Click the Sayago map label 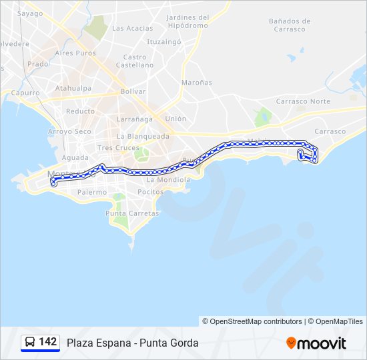pyautogui.click(x=29, y=13)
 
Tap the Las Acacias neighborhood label pyautogui.click(x=132, y=28)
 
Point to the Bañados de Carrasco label pyautogui.click(x=287, y=25)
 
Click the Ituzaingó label pyautogui.click(x=164, y=41)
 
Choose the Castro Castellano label pyautogui.click(x=135, y=61)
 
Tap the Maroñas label pyautogui.click(x=196, y=83)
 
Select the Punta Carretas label pyautogui.click(x=132, y=213)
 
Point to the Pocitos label pyautogui.click(x=149, y=191)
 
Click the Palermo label pyautogui.click(x=91, y=192)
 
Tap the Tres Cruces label pyautogui.click(x=118, y=147)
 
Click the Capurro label pyautogui.click(x=26, y=93)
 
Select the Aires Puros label pyautogui.click(x=75, y=53)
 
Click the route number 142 pyautogui.click(x=47, y=342)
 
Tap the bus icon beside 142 pyautogui.click(x=30, y=343)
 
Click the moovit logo pyautogui.click(x=316, y=343)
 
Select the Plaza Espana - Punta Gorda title pyautogui.click(x=132, y=343)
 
